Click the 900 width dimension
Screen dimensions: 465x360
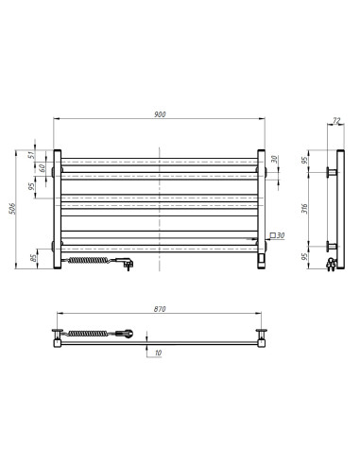159,114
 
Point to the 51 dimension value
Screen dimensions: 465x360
30,157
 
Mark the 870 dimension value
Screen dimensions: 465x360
159,309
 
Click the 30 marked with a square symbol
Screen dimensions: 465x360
280,235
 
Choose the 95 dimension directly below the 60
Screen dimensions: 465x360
30,186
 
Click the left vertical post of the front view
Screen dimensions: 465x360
58,208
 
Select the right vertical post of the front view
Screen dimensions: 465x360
260,208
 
